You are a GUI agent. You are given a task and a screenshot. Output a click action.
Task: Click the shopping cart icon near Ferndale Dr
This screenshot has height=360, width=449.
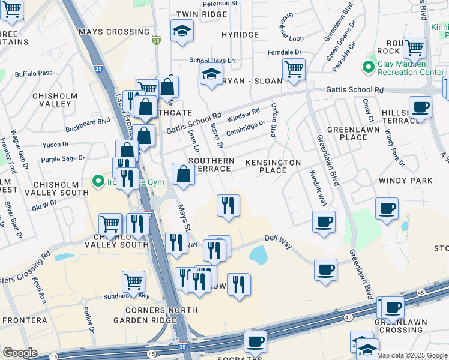[x=293, y=69]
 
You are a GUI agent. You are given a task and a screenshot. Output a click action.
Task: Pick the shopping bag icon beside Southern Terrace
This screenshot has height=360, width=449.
[x=183, y=175]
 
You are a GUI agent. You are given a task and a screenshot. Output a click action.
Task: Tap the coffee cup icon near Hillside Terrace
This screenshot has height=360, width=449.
[x=420, y=107]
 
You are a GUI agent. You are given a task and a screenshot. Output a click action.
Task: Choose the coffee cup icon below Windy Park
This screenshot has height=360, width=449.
[x=387, y=208]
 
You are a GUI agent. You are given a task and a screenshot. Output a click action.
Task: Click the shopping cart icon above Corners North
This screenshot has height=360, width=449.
[x=133, y=281]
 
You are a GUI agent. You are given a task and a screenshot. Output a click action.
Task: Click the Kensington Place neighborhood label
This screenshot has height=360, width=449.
[x=272, y=166]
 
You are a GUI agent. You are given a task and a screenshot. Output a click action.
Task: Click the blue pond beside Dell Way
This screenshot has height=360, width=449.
[x=258, y=256]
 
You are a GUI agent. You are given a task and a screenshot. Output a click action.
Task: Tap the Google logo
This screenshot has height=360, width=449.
[x=20, y=353]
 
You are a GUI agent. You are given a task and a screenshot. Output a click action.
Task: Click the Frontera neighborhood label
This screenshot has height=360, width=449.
[x=25, y=320]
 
